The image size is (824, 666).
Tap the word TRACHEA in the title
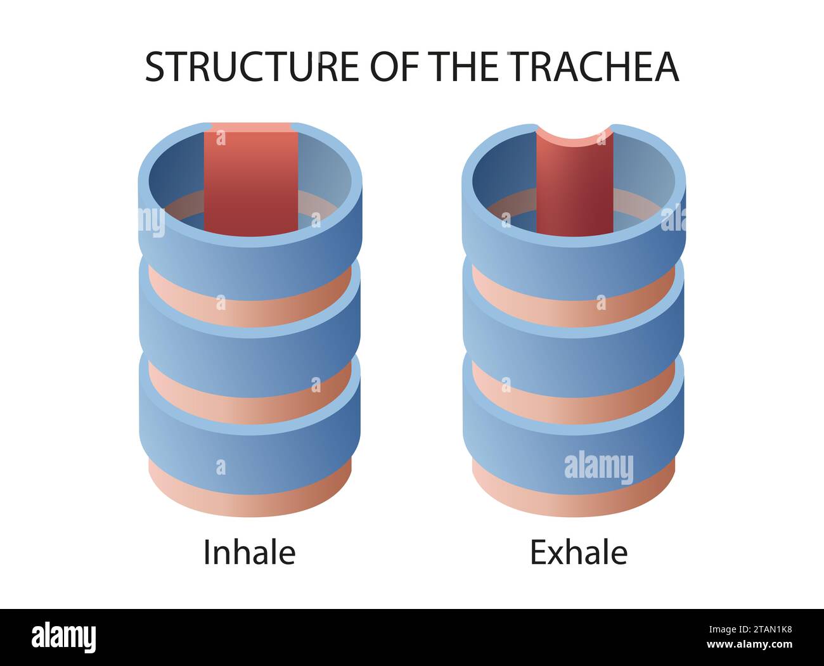[x=594, y=67]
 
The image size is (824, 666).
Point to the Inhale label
[x=249, y=553]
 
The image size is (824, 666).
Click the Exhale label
[x=579, y=553]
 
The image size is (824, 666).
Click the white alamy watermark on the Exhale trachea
[x=598, y=467]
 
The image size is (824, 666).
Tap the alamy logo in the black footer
[x=64, y=636]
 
